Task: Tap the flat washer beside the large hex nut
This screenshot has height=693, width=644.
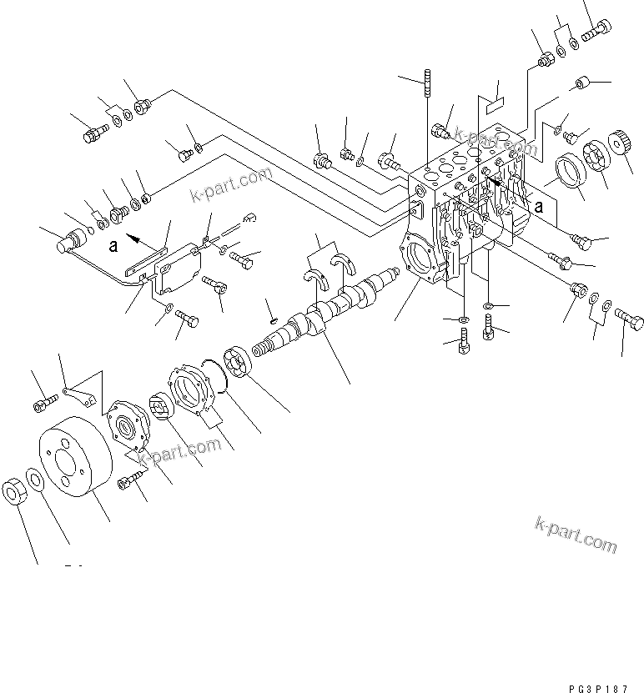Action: [37, 481]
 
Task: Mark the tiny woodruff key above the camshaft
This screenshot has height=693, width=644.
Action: [272, 315]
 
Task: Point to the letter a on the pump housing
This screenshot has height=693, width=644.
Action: [539, 205]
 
